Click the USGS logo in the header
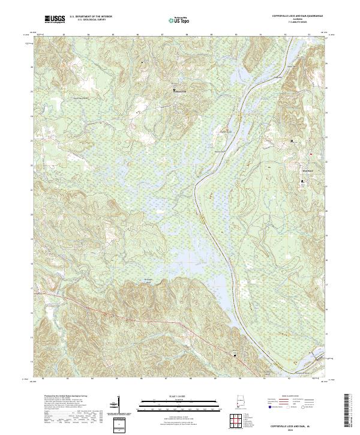click(55, 20)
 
